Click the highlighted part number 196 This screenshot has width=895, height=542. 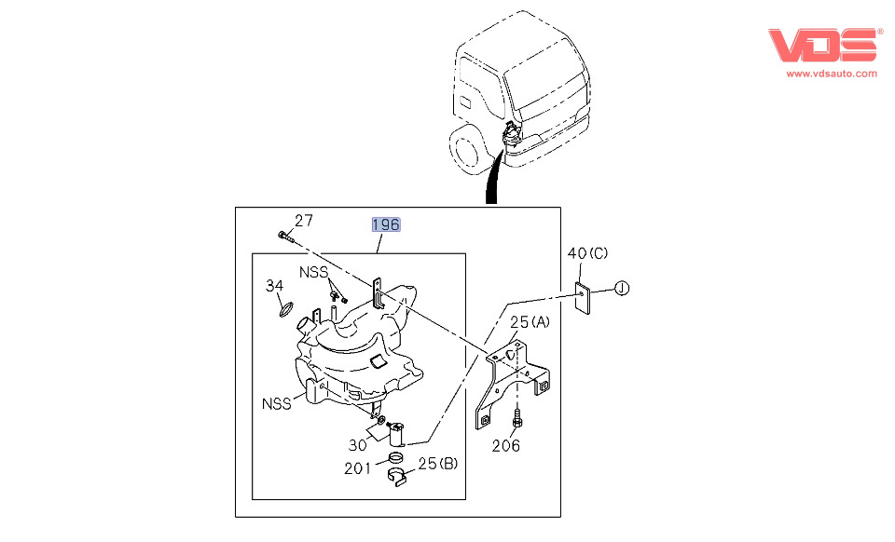pos(386,224)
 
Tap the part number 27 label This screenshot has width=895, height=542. pos(304,221)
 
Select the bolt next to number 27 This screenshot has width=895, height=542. pos(283,235)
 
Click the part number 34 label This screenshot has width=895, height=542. pos(273,285)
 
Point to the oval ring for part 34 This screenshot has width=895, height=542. pos(288,307)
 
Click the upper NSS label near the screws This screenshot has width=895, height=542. pos(313,272)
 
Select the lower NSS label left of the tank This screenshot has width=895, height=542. pos(276,403)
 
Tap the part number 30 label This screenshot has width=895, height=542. pos(358,444)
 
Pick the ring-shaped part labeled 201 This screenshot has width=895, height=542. pos(395,458)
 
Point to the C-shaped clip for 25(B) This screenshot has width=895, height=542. pos(399,477)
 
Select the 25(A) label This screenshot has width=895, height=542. pos(529,323)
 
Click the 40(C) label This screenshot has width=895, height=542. pos(587,253)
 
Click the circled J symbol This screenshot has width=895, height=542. pos(623,289)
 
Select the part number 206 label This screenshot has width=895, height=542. pos(506,444)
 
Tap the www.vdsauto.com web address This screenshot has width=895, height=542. pos(832,73)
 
